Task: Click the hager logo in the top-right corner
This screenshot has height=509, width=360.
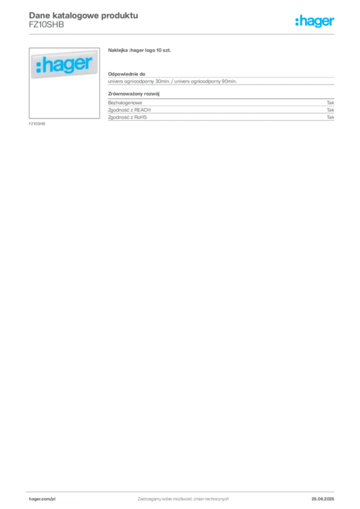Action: coord(315,21)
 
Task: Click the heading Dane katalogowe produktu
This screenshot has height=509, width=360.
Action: coord(84,15)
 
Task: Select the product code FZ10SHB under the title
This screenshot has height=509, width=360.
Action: coord(46,25)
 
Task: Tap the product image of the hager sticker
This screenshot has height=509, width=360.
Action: coord(64,83)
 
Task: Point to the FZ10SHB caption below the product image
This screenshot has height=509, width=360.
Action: coord(37,124)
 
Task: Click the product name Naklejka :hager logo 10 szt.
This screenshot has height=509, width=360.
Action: coord(139,50)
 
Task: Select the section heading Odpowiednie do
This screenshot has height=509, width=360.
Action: coord(127,74)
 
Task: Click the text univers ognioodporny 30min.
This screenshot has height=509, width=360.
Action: coord(139,81)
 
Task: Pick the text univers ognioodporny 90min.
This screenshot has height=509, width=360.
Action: coord(205,81)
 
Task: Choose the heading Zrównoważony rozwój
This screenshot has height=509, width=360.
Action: coord(134,94)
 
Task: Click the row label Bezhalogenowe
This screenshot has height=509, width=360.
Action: coord(125,102)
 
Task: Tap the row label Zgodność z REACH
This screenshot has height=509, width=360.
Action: coord(129,110)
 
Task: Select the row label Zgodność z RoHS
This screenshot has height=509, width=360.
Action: coord(127,117)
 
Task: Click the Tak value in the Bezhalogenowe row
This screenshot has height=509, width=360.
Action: coord(331,102)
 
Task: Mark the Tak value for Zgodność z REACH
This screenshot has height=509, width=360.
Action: coord(331,110)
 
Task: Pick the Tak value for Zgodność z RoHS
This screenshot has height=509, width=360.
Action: coord(331,117)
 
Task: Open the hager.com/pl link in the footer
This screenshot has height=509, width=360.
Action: coord(42,499)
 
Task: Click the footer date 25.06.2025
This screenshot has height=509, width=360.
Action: coord(323,499)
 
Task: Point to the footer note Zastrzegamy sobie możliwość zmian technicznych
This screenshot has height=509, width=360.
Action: coord(183,499)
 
